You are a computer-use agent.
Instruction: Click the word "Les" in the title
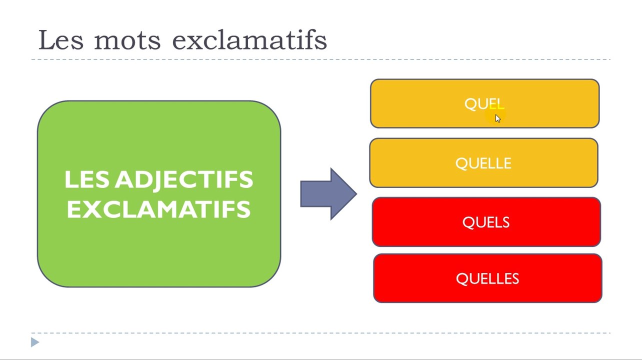tap(61, 40)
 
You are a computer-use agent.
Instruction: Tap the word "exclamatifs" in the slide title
tap(249, 40)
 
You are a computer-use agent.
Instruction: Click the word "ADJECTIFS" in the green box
tap(184, 180)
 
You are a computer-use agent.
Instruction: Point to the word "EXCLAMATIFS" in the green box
tap(159, 209)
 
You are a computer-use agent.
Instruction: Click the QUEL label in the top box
tap(483, 104)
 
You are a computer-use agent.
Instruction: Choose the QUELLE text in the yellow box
tap(483, 163)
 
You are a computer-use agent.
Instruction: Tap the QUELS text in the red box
tap(485, 222)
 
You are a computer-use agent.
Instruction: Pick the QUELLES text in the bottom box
tap(487, 278)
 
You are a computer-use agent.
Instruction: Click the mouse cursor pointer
tap(497, 118)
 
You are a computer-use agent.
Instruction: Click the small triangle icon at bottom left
tap(34, 342)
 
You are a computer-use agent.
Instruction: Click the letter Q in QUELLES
tap(461, 279)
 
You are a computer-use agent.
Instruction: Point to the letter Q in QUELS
tap(468, 223)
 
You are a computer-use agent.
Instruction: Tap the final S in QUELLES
tap(515, 278)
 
